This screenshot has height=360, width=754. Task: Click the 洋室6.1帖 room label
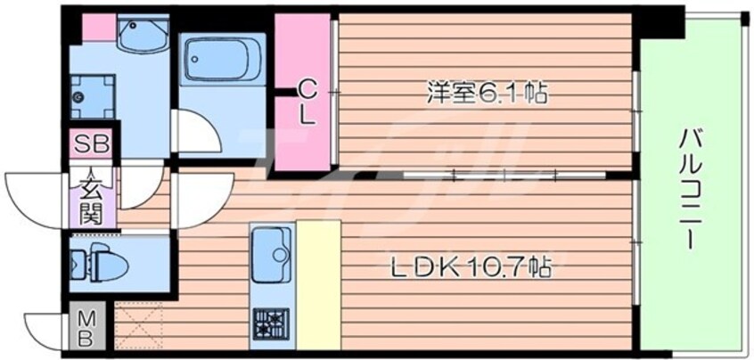[x=488, y=94]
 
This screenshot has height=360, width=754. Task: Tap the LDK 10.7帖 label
[x=471, y=267]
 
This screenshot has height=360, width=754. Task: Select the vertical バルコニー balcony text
[x=688, y=190]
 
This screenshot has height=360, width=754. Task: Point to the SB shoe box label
[x=92, y=143]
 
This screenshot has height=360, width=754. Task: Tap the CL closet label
[x=307, y=102]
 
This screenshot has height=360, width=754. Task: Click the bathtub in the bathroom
[x=223, y=60]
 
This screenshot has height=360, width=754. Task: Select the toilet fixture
[x=100, y=263]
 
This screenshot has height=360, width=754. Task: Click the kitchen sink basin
[x=271, y=254]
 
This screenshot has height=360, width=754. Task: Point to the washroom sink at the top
[x=143, y=32]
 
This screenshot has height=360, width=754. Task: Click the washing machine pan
[x=93, y=97]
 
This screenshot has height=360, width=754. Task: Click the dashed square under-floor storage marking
[x=139, y=325]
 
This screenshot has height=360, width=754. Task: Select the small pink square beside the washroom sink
[x=99, y=29]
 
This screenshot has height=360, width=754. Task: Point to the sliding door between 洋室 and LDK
[x=504, y=175]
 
